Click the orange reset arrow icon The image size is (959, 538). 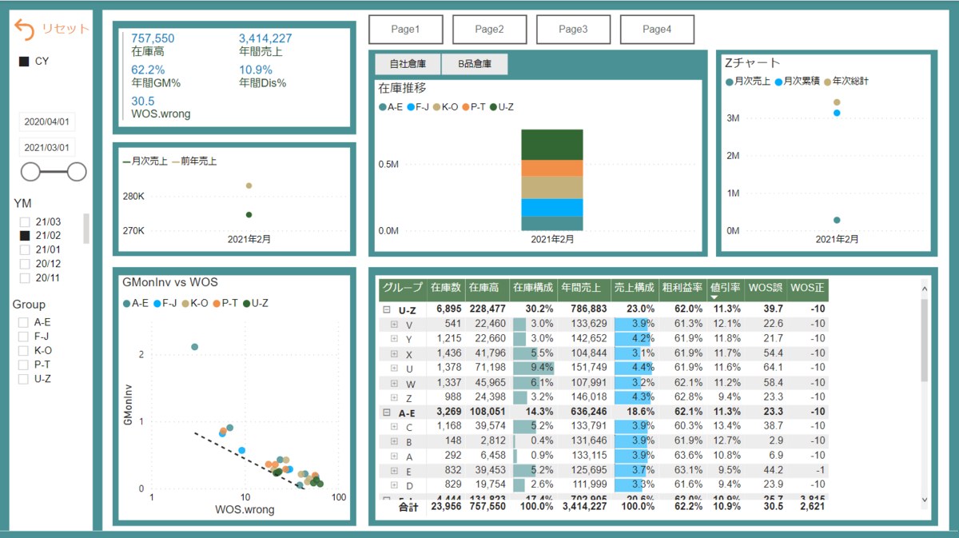[25, 30]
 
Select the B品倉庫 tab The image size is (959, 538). [475, 64]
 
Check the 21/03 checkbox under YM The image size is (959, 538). [25, 221]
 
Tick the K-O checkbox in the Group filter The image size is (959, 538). [25, 350]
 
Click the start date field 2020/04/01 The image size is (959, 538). [47, 122]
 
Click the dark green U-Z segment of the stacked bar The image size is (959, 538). [552, 144]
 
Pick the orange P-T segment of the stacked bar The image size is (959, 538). [552, 168]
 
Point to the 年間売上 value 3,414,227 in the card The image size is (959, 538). [265, 38]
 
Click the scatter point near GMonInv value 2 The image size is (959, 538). [194, 347]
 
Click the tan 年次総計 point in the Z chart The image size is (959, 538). [837, 102]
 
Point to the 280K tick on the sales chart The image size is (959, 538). [133, 197]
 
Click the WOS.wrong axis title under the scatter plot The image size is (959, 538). [245, 509]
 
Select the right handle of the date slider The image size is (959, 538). [78, 171]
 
